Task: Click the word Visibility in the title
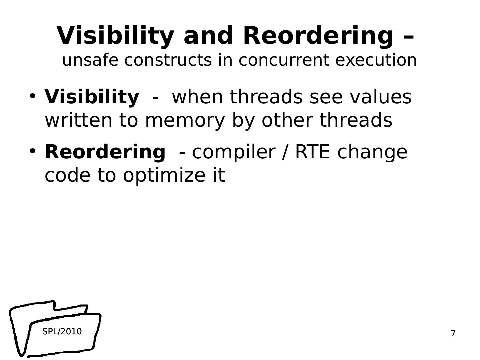coord(115,35)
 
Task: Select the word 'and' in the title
coord(208,35)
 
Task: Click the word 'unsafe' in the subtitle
coord(90,60)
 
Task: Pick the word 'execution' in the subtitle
coord(376,60)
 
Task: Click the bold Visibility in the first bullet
coord(92,97)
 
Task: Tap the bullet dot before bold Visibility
coord(32,96)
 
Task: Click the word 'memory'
coord(185,120)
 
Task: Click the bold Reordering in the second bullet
coord(105,152)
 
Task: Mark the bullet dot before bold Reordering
coord(32,151)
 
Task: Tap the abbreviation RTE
coord(312,152)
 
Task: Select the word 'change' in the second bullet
coord(372,152)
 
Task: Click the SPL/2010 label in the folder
coord(62,332)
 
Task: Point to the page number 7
coord(453,333)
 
